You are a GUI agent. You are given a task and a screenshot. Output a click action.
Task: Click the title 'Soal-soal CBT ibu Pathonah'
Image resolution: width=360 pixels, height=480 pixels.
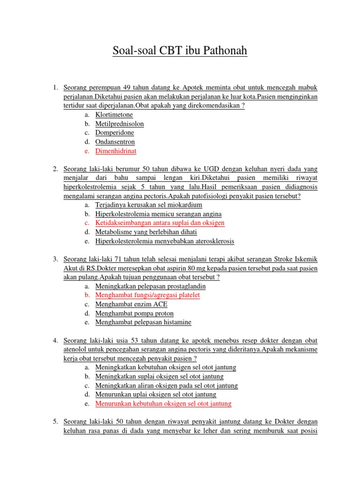(180, 51)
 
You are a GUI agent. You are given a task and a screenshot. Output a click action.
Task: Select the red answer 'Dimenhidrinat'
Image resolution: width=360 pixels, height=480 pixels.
(116, 151)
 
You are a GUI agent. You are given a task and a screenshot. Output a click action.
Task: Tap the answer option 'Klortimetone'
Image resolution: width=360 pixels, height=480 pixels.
(114, 114)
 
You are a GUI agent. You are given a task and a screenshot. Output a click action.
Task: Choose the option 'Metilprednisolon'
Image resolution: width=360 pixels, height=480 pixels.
(120, 124)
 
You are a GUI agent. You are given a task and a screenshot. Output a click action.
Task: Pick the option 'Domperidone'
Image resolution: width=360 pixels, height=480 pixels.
(114, 133)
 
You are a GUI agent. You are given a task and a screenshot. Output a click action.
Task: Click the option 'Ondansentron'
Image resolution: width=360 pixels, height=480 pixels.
(115, 142)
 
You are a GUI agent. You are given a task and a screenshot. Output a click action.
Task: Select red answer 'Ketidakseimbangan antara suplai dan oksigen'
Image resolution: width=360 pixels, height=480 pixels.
(160, 223)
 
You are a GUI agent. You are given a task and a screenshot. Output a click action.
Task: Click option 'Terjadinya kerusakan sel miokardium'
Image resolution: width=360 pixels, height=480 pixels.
(149, 205)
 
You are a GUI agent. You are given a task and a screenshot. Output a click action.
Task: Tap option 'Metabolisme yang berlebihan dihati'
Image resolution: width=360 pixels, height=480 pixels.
(146, 232)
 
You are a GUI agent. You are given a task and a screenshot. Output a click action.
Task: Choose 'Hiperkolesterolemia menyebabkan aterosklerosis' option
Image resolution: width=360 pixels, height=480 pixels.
(165, 241)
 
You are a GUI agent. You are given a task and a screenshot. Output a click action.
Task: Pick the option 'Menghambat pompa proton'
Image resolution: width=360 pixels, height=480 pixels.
(135, 313)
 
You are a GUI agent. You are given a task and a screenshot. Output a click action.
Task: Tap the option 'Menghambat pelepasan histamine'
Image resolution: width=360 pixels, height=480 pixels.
(143, 322)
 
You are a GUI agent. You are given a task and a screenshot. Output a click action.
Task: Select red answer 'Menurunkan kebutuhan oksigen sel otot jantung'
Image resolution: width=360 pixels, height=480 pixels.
(163, 403)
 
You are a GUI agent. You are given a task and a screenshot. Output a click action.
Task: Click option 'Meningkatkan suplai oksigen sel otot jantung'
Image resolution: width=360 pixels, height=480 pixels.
(159, 376)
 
